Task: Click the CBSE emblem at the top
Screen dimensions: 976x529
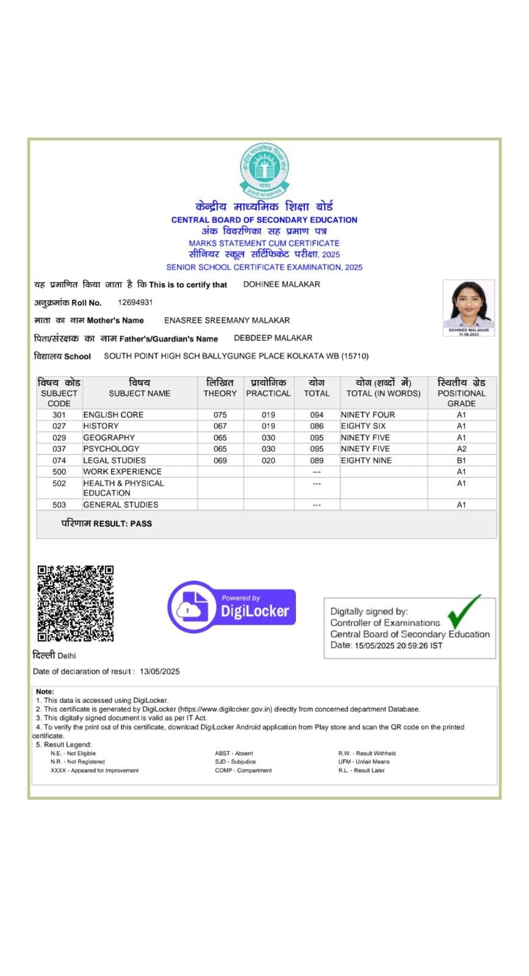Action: point(264,169)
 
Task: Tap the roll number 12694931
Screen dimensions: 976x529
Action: point(135,303)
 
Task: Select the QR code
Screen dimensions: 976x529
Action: point(76,603)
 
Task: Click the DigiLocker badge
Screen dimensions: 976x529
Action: point(232,607)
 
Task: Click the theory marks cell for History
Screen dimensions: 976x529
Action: point(220,426)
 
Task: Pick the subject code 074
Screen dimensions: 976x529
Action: point(59,461)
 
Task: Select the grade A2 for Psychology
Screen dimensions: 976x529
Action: point(461,449)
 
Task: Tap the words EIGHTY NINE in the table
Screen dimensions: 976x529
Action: point(366,461)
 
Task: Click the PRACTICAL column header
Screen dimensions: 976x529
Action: point(268,393)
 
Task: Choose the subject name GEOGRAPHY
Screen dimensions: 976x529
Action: point(109,437)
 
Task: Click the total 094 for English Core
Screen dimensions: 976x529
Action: point(317,415)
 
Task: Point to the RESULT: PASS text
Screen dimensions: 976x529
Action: point(123,523)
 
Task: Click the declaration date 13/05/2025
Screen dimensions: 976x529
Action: point(160,672)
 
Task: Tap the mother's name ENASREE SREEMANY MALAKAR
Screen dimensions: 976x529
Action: point(227,320)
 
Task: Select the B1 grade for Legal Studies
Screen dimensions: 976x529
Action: point(461,461)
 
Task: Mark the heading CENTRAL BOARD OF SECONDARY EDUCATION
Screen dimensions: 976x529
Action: point(264,220)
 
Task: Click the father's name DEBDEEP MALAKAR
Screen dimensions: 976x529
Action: point(273,338)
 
